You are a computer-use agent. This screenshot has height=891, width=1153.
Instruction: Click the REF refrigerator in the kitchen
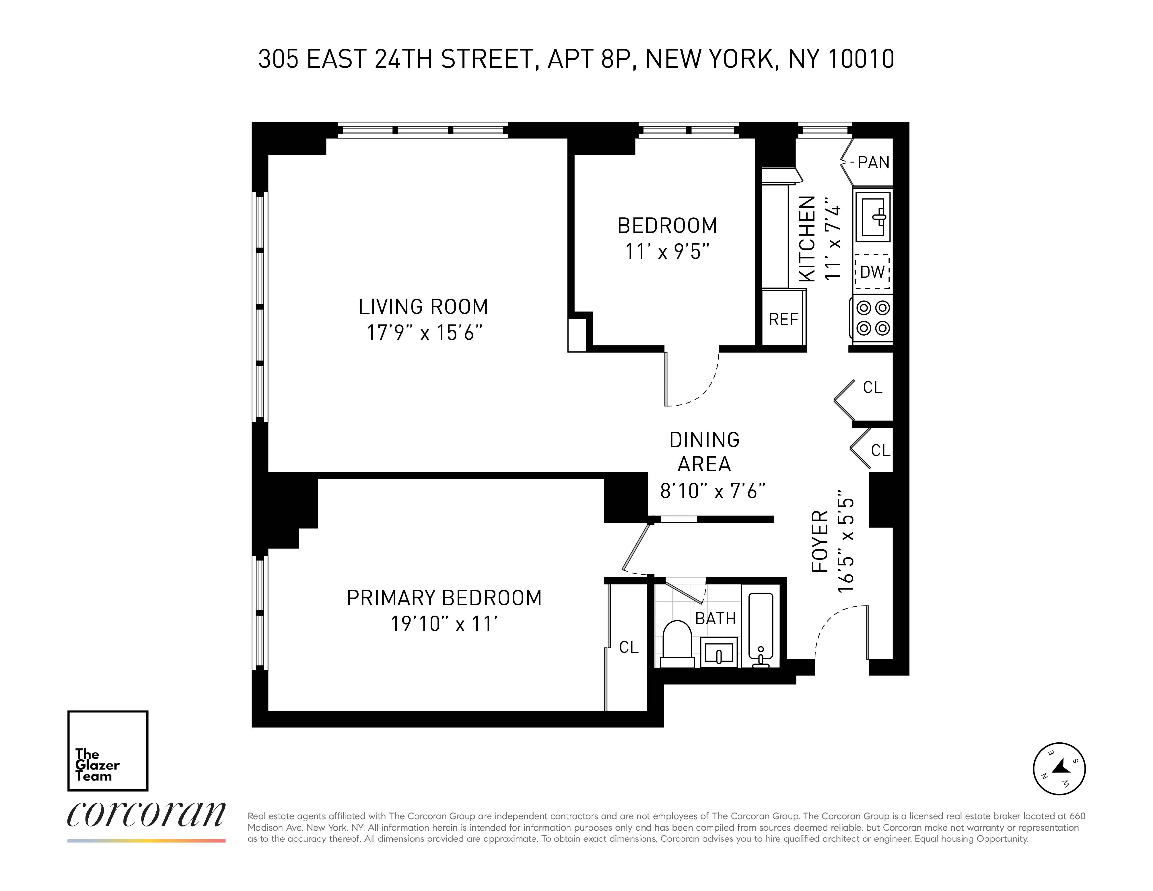pos(783,318)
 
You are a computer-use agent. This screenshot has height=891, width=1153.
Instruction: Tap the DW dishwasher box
pos(872,272)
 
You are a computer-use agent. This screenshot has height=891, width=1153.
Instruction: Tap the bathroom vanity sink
pos(719,652)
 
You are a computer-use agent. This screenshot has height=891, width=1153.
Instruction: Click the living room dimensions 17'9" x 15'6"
pos(425,333)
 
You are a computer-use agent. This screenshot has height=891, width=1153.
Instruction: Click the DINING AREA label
pos(704,452)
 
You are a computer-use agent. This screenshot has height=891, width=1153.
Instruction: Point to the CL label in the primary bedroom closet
pos(629,647)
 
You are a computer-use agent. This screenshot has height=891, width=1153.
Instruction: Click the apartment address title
pos(576,59)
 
